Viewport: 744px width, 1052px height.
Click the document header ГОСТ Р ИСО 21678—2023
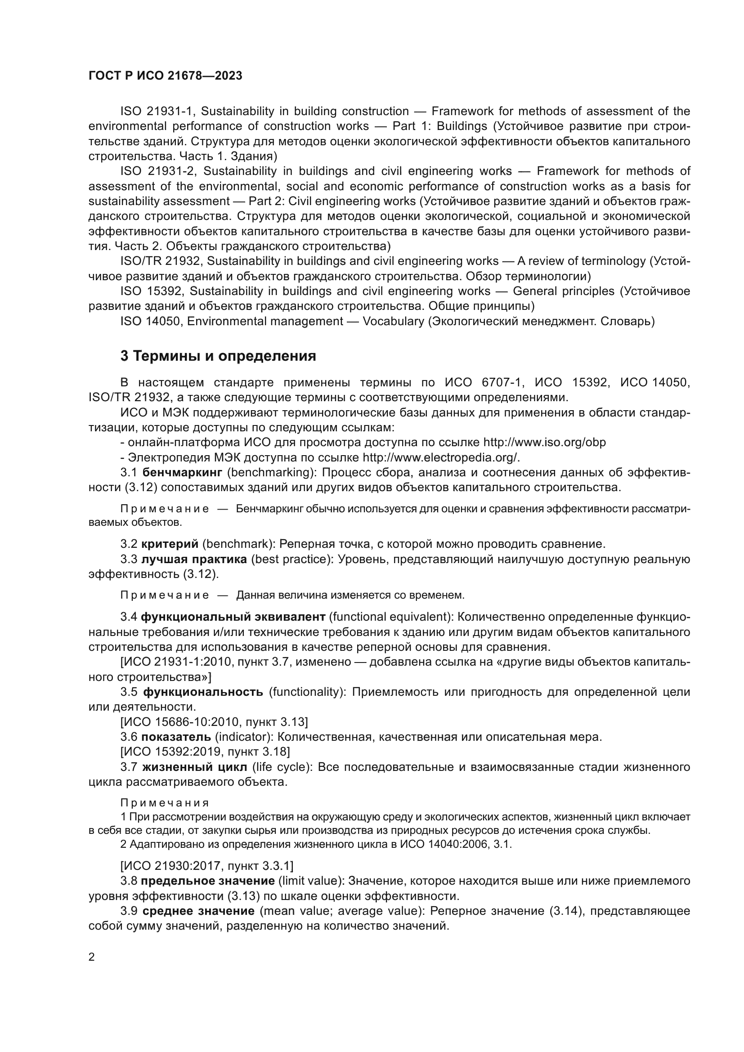click(165, 76)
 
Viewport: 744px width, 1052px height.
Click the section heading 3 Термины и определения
click(218, 356)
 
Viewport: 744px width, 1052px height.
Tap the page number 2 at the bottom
click(92, 957)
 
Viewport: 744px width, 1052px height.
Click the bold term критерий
click(170, 544)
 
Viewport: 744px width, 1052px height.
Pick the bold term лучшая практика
click(194, 560)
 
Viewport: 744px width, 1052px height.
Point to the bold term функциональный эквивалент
click(233, 617)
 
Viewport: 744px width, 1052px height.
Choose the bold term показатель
click(176, 737)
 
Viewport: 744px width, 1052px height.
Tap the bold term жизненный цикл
click(195, 767)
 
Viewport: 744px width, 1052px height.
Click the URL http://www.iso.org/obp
click(544, 443)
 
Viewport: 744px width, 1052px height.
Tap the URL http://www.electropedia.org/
click(441, 458)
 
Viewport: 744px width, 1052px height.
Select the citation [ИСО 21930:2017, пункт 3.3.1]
click(206, 865)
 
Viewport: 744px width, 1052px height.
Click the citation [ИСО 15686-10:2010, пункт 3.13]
click(214, 722)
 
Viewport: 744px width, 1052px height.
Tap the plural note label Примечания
click(165, 803)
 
